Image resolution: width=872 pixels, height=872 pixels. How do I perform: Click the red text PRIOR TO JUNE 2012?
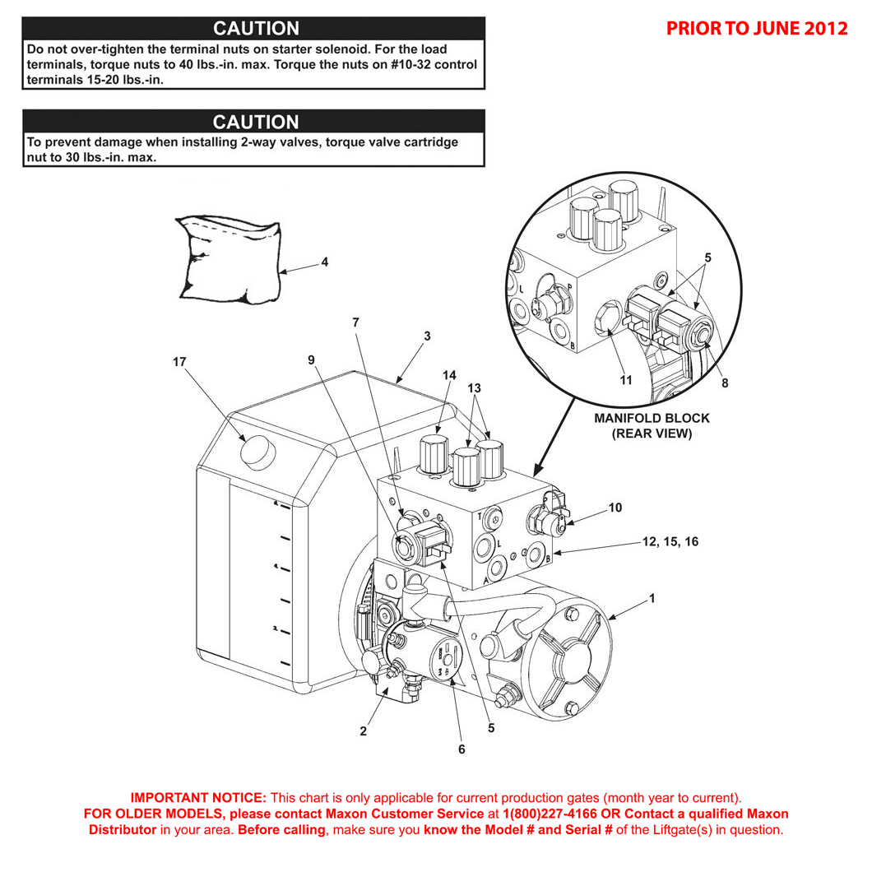pos(756,28)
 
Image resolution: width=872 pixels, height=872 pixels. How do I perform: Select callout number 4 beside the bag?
pos(324,262)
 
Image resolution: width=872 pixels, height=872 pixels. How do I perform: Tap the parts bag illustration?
pos(228,258)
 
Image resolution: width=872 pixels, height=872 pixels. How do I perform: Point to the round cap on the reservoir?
pos(257,451)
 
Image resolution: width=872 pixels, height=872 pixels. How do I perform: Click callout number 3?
pos(427,336)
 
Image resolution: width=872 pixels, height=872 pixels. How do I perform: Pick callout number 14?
pos(448,375)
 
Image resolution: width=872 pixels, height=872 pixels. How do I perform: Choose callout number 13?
pos(475,387)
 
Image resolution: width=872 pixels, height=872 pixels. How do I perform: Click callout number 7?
pos(355,323)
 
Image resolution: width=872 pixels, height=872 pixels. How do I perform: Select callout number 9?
pos(312,359)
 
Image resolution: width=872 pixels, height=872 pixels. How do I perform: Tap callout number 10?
pos(615,508)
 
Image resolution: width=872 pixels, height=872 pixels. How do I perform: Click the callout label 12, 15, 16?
pos(670,541)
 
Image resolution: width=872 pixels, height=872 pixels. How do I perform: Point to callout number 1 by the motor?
pos(652,598)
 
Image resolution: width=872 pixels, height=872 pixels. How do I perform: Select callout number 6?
pos(462,749)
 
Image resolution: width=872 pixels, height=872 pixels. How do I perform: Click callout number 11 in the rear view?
pos(626,380)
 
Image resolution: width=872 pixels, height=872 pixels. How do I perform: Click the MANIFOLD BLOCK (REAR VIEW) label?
pos(652,425)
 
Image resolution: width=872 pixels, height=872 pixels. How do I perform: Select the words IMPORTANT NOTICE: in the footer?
pos(198,797)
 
